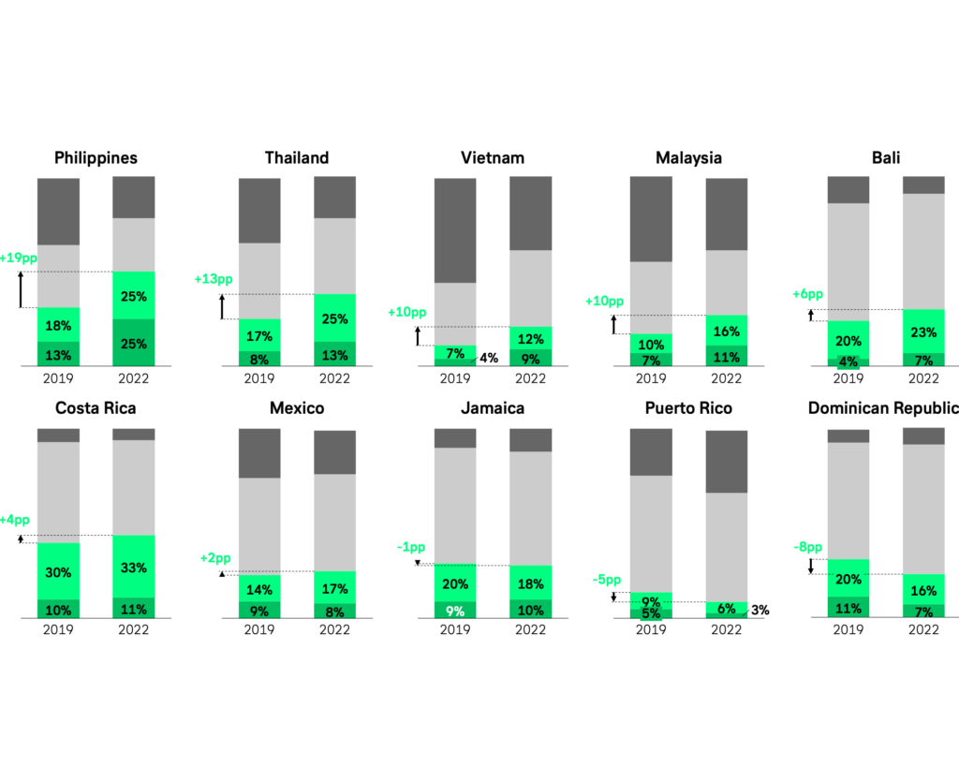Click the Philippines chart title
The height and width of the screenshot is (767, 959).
(x=96, y=157)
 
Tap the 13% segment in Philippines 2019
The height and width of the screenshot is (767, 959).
(x=58, y=354)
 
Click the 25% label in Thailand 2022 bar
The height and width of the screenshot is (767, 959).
(x=334, y=319)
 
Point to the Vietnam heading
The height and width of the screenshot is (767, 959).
(x=493, y=157)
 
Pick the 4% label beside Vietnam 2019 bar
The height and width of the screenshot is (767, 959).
(x=489, y=358)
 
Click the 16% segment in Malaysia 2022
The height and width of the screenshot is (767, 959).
(x=726, y=332)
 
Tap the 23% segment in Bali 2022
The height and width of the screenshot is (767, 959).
(x=923, y=331)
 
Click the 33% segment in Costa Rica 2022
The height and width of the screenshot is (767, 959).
(x=133, y=568)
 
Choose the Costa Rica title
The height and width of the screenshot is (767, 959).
(x=96, y=408)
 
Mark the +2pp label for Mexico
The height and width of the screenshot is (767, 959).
(x=214, y=558)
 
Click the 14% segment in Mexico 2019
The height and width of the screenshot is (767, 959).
(x=259, y=589)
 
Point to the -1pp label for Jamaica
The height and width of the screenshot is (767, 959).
(x=411, y=547)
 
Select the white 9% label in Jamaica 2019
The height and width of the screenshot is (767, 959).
(x=455, y=611)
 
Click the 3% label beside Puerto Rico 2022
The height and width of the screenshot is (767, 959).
(x=760, y=610)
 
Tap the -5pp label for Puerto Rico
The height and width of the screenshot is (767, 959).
(x=606, y=580)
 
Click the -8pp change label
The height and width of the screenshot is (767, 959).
(x=808, y=547)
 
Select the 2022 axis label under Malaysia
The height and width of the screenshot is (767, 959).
(x=726, y=378)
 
